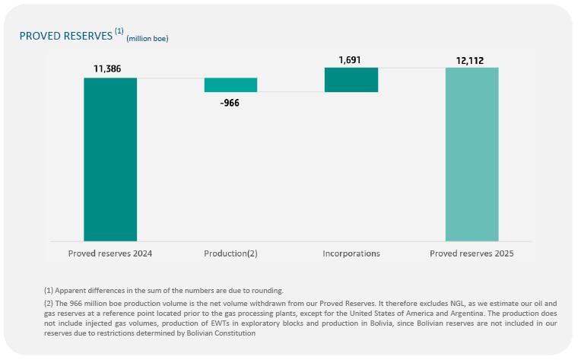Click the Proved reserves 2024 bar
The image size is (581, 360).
pyautogui.click(x=110, y=159)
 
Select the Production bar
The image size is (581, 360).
pyautogui.click(x=230, y=84)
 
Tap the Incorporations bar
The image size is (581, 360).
pyautogui.click(x=351, y=80)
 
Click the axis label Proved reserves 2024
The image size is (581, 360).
pyautogui.click(x=110, y=253)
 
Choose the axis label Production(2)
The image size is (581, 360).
pyautogui.click(x=231, y=253)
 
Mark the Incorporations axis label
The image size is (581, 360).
pyautogui.click(x=351, y=253)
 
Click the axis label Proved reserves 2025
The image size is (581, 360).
pyautogui.click(x=471, y=253)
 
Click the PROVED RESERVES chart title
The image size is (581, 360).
pyautogui.click(x=65, y=36)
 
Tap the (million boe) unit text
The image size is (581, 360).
pyautogui.click(x=147, y=38)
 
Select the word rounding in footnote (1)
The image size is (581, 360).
pyautogui.click(x=267, y=290)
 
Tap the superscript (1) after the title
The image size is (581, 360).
pyautogui.click(x=119, y=31)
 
